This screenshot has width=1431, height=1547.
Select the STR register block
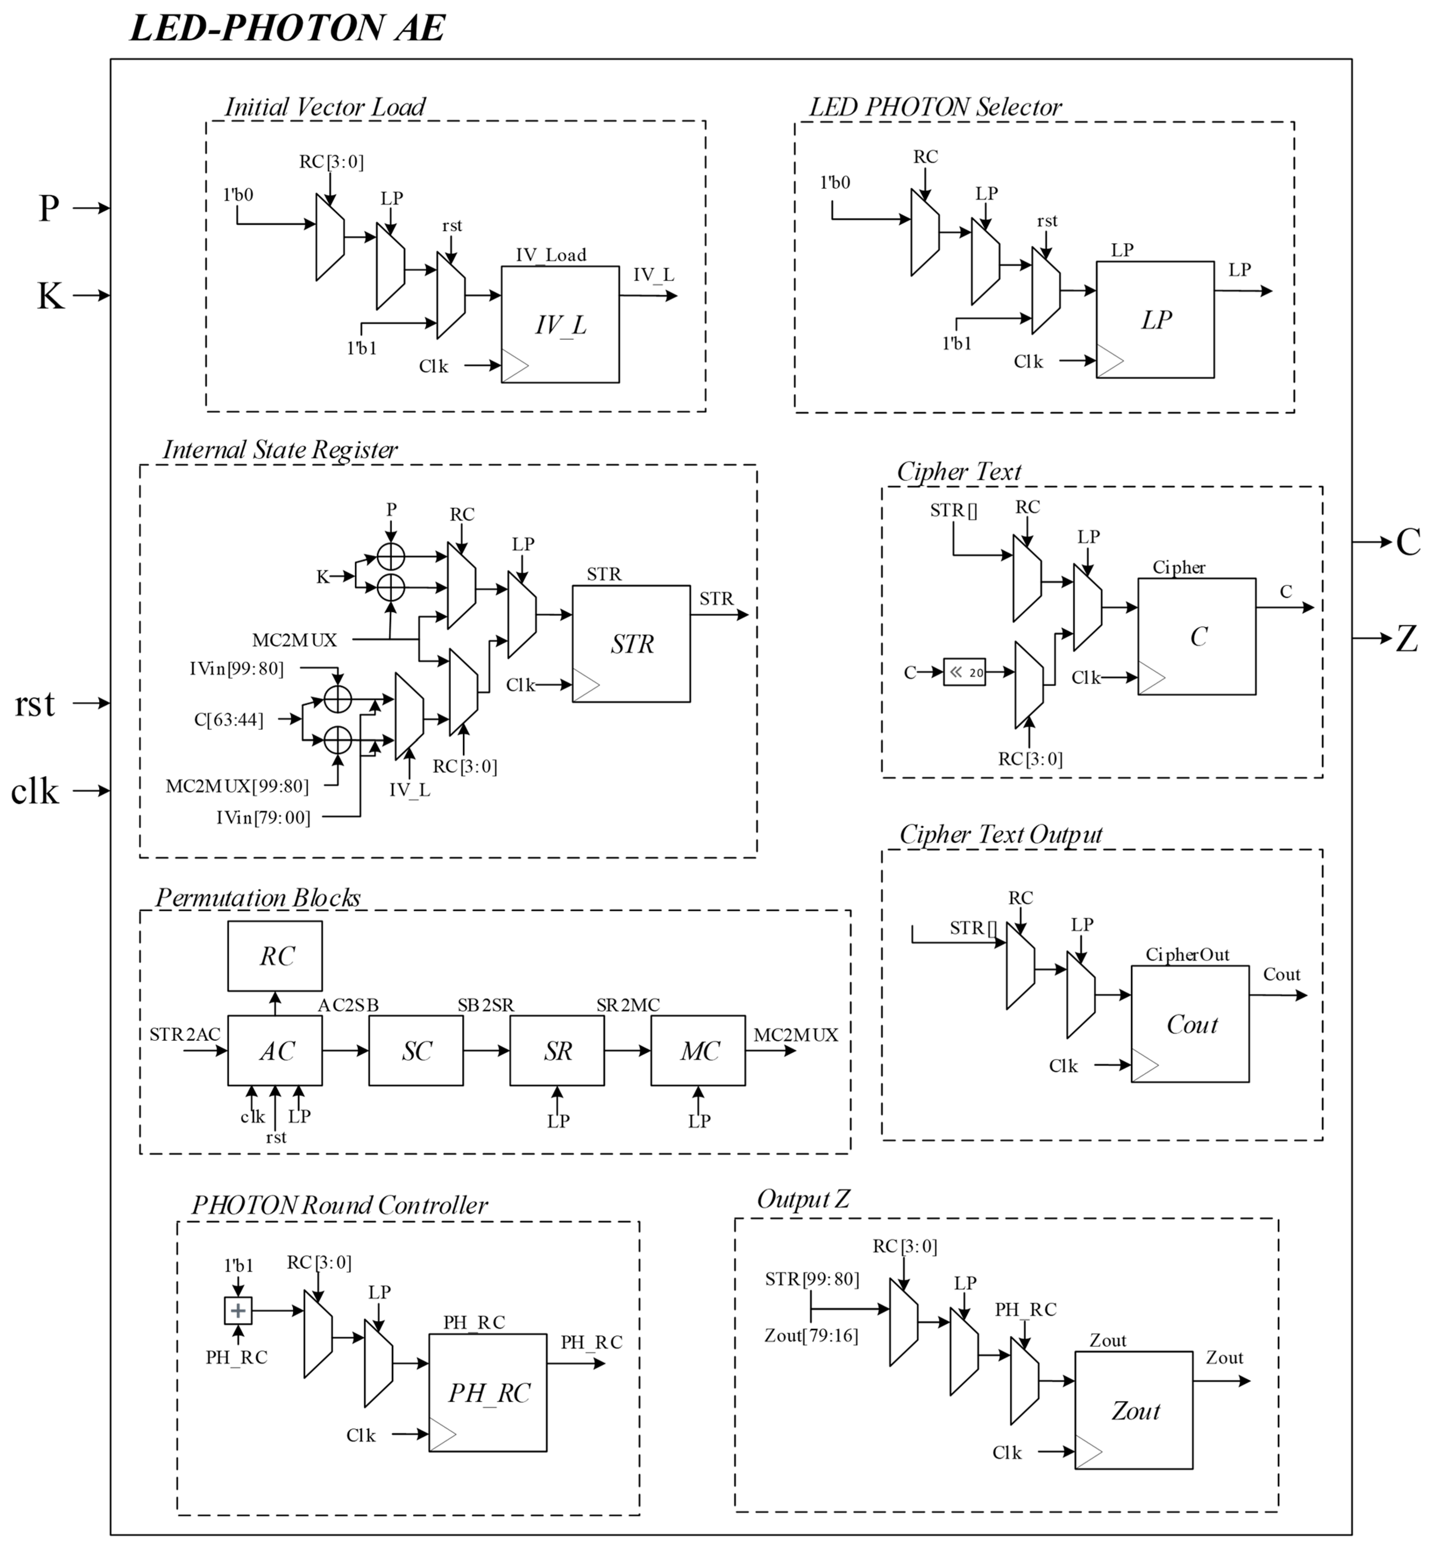click(631, 644)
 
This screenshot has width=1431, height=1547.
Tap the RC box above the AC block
click(275, 956)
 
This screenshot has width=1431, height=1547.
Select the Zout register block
click(1134, 1411)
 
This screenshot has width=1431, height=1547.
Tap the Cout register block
click(1190, 1024)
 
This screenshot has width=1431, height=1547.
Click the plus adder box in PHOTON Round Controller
click(238, 1311)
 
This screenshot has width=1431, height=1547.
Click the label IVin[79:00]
click(263, 818)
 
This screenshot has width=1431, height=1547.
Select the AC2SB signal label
click(349, 1005)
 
